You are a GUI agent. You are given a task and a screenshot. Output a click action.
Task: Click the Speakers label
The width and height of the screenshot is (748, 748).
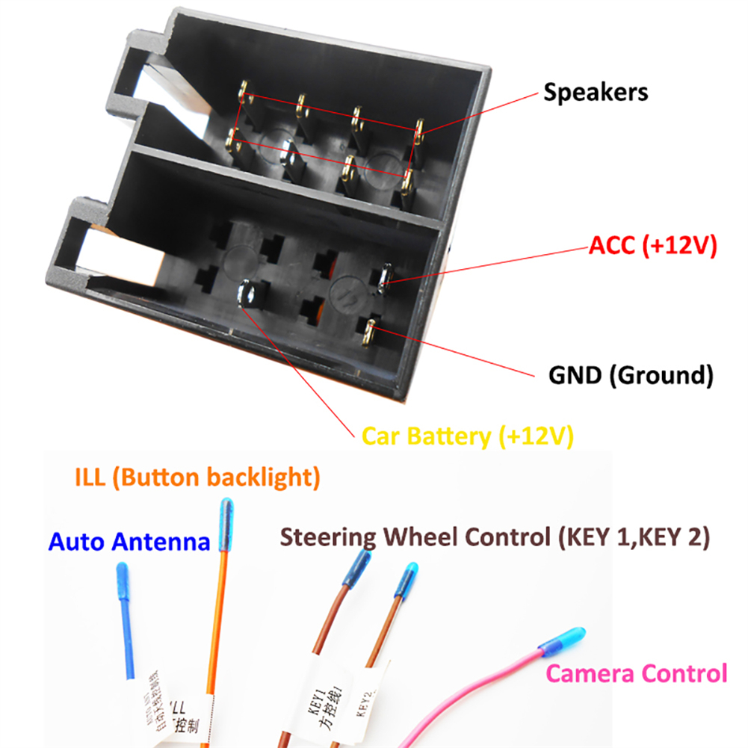tap(596, 93)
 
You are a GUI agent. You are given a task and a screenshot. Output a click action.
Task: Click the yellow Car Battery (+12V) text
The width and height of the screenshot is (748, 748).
tap(468, 436)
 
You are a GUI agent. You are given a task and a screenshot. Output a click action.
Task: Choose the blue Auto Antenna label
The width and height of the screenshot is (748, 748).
tap(129, 541)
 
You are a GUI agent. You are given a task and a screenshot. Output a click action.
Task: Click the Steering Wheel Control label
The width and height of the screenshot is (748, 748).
tap(494, 536)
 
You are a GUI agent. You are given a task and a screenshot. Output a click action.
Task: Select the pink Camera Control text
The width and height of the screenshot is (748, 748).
tap(636, 673)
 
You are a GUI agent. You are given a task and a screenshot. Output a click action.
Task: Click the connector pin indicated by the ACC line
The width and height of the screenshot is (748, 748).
tap(383, 276)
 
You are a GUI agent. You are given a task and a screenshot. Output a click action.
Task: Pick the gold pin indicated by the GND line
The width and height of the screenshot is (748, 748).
tap(370, 330)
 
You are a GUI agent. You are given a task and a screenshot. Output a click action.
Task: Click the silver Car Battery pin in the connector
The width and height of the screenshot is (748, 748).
tap(248, 294)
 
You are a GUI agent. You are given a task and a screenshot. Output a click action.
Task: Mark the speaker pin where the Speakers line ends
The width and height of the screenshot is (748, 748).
tap(418, 132)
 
